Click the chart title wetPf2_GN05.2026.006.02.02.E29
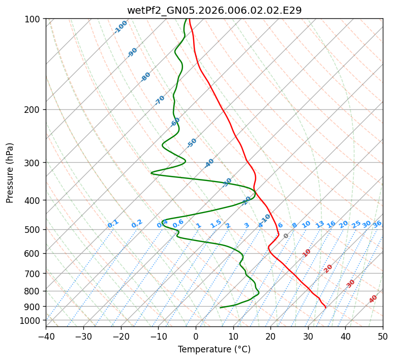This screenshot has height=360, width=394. pos(214,10)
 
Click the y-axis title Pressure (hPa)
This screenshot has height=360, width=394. pos(10,173)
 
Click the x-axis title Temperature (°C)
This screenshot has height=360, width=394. pos(214,349)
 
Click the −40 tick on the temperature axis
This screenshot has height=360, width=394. pos(46,336)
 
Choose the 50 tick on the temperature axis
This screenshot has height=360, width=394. pos(383,336)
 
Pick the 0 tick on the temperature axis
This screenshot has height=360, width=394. pos(196,336)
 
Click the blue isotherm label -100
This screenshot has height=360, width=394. pos(120,27)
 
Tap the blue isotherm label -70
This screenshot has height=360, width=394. pos(160,100)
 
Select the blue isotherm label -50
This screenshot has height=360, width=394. pos(192,143)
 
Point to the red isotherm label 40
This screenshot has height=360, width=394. pos(373,299)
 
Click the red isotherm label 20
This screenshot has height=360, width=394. pos(328,268)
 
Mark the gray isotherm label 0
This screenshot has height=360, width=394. pos(286,236)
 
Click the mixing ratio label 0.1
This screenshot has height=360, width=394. pos(113,224)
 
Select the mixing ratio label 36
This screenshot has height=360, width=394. pos(377,224)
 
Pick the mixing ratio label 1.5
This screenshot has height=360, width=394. pos(216,224)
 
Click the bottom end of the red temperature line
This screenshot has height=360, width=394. pos(325,308)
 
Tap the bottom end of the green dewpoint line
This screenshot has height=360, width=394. pos(220,308)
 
